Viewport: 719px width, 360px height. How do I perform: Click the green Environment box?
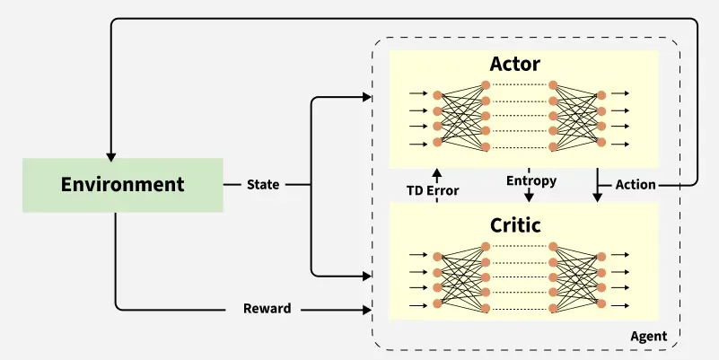click(122, 185)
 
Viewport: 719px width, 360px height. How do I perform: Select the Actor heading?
click(515, 64)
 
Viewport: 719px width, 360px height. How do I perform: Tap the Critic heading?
click(515, 224)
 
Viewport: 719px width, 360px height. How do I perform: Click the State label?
click(263, 185)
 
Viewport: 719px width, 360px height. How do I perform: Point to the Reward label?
click(267, 309)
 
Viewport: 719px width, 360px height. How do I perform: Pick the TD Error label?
click(432, 190)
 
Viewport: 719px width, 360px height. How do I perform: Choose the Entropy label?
click(531, 180)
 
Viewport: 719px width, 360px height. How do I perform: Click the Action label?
click(636, 185)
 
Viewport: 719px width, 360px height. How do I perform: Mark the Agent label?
click(648, 337)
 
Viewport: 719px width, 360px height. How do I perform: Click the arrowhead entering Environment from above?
click(111, 153)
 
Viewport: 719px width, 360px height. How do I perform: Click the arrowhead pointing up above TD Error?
click(437, 171)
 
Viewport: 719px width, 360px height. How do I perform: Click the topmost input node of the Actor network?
click(437, 94)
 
